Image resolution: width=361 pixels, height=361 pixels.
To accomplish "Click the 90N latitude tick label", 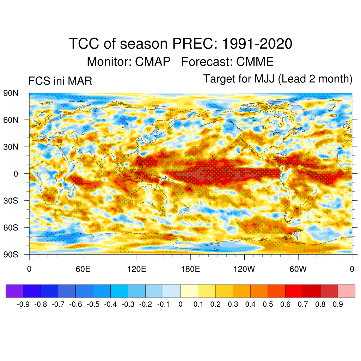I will pos(11,93).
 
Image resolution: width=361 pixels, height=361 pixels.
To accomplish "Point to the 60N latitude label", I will pos(11,120).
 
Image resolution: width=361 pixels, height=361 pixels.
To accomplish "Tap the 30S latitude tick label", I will pos(11,201).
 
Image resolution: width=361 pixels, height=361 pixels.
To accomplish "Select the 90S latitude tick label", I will pos(11,254).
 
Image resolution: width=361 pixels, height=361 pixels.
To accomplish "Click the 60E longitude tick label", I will pos(83,270).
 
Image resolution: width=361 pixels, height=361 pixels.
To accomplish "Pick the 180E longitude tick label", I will pos(190,270).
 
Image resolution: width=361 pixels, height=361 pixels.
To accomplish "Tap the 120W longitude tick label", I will pos(244,270).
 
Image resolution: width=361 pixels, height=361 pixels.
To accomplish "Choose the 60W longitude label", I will pos(298,270).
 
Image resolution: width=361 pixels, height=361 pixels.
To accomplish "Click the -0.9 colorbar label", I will pos(23,304).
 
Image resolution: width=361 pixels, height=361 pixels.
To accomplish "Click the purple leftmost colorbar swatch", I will pos(14,291).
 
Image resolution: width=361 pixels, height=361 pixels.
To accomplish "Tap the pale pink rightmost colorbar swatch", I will pos(347,291).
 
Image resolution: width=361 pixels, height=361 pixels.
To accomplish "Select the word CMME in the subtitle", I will pos(255,62).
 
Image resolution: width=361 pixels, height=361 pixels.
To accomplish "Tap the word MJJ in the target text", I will pos(265,79).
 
